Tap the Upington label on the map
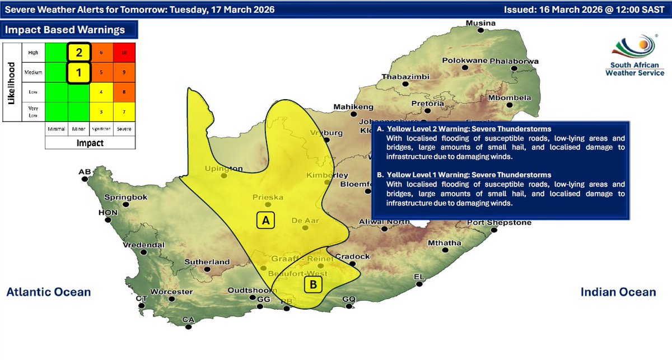(223, 168)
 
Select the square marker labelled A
(266, 221)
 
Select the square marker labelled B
(313, 285)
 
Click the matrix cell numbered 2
(79, 53)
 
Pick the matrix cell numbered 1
(79, 72)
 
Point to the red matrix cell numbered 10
(124, 53)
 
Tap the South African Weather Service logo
(635, 56)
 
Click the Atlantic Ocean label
(48, 292)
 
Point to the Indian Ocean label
(618, 292)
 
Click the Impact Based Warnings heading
(64, 30)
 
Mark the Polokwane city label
(465, 60)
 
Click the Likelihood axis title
(11, 82)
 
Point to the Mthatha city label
(444, 242)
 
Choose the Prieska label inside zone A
(268, 197)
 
